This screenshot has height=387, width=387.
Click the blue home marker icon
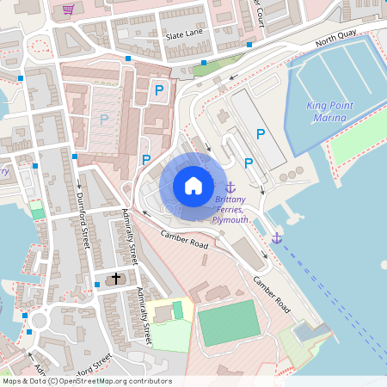[193, 185]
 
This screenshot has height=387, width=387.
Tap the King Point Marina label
[331, 112]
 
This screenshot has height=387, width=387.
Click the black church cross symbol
[117, 279]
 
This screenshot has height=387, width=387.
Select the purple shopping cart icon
[68, 10]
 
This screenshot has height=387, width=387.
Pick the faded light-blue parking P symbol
[104, 120]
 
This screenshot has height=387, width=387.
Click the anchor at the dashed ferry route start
[276, 236]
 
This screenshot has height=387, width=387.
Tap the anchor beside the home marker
[230, 187]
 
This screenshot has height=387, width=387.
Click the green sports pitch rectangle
[228, 322]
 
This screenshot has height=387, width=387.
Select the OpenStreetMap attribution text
[86, 380]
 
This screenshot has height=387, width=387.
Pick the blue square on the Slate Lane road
[128, 58]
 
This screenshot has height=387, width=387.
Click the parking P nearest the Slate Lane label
[159, 89]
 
